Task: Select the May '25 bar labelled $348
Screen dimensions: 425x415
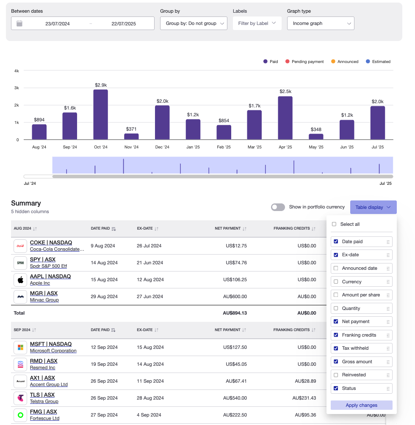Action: (316, 137)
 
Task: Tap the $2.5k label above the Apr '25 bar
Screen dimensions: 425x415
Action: (285, 91)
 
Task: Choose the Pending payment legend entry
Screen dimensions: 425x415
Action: (304, 62)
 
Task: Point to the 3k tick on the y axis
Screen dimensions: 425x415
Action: (17, 88)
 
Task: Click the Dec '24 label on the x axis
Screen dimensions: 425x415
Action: (162, 147)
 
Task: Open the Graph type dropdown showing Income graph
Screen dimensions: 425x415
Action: (321, 24)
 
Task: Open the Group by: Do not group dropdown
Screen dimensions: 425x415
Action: (194, 24)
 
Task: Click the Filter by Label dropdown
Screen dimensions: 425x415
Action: (257, 24)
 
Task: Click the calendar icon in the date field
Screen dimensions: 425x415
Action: (19, 24)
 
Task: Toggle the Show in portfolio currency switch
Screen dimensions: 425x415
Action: (278, 207)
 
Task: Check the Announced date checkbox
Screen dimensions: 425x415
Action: (336, 268)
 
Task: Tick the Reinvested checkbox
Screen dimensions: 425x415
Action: (336, 375)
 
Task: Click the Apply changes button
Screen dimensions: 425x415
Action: (361, 405)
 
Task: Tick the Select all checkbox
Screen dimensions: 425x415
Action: (334, 224)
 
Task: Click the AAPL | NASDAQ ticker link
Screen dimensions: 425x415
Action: (50, 277)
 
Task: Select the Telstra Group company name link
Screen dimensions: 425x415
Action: (44, 401)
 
